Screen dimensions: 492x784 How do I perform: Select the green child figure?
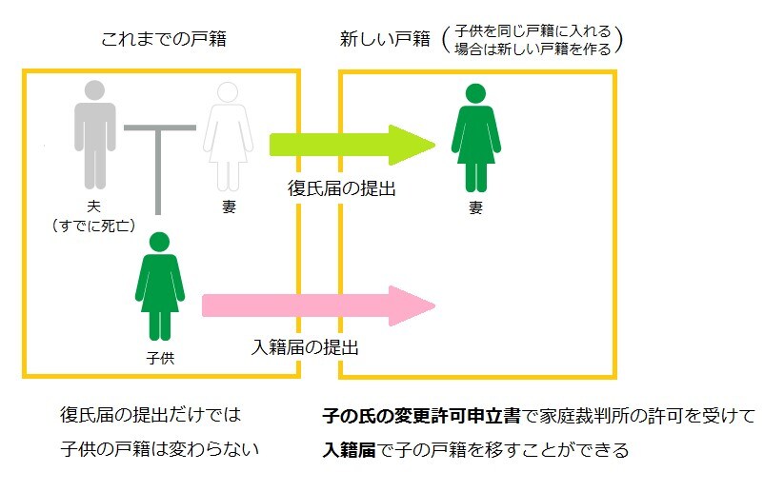(160, 285)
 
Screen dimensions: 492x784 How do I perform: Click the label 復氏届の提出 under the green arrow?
(342, 188)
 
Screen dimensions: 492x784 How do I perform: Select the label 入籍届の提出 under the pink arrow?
(305, 347)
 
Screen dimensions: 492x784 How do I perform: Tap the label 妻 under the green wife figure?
(474, 207)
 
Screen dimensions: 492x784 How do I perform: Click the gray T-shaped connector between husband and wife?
(160, 162)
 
